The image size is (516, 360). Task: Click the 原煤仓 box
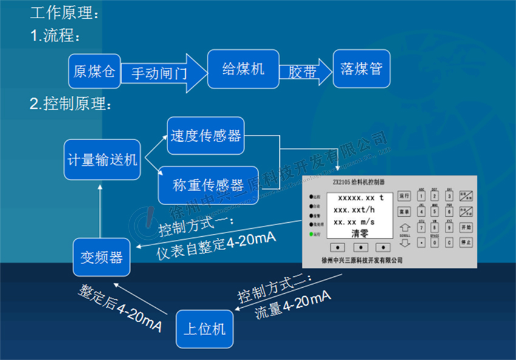94,71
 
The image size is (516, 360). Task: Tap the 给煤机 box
243,70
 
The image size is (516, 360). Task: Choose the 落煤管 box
361,69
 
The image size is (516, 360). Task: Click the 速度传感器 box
206,136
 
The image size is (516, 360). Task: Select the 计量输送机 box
102,160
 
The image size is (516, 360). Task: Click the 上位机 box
205,328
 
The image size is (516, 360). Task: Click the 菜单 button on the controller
404,211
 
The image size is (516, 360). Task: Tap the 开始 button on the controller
466,226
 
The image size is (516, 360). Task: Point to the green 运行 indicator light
311,234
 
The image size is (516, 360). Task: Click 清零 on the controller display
356,233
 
